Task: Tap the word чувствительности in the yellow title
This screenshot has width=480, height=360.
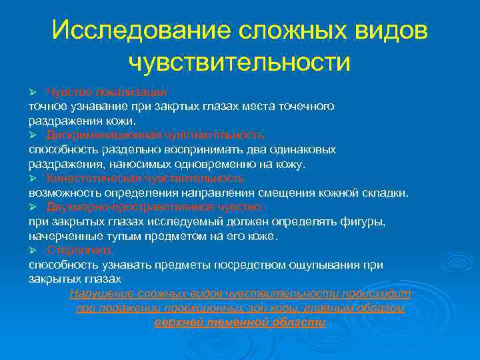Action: click(x=239, y=62)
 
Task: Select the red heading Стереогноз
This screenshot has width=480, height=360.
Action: click(x=79, y=251)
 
